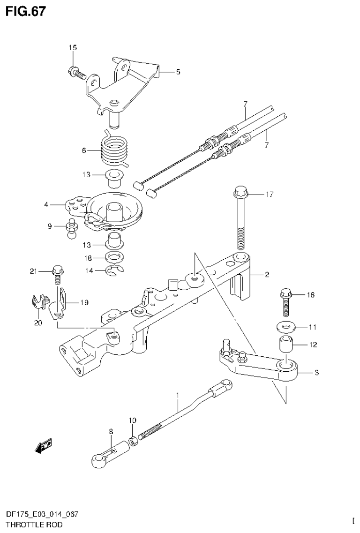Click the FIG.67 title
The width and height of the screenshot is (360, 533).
click(26, 11)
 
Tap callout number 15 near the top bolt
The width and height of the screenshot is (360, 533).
click(73, 48)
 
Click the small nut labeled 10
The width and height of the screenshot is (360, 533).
click(133, 440)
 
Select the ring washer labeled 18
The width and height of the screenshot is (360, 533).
click(113, 257)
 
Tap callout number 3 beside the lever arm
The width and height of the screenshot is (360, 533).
click(317, 373)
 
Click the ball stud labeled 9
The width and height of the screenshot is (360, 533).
click(72, 229)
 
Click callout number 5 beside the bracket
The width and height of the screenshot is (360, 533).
click(178, 72)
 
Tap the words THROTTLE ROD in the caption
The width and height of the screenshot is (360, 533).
click(33, 525)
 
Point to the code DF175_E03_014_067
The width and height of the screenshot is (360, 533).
click(42, 514)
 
